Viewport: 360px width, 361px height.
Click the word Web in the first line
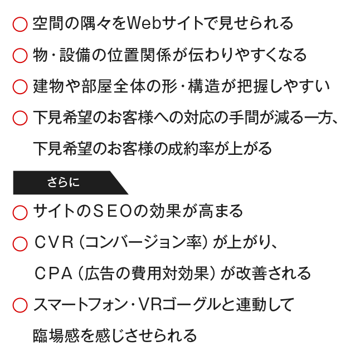click(x=144, y=23)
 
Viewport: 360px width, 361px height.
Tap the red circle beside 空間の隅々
click(x=20, y=17)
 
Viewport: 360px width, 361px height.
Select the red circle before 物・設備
click(x=20, y=49)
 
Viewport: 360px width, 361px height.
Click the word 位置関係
click(x=139, y=55)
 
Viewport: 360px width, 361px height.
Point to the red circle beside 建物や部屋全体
click(x=20, y=80)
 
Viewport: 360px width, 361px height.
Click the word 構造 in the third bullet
click(x=203, y=86)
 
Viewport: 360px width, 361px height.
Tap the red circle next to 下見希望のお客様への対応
click(x=20, y=111)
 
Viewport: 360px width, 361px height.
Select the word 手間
click(x=244, y=118)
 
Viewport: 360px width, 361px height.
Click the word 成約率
click(x=191, y=149)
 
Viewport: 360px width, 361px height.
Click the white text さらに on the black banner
click(x=64, y=183)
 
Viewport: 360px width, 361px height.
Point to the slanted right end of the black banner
click(x=119, y=183)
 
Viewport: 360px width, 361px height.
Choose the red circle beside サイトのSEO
click(x=20, y=206)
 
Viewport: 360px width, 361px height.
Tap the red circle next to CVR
click(x=20, y=237)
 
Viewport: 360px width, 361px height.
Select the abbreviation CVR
click(x=54, y=242)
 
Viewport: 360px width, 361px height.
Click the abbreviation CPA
click(x=53, y=274)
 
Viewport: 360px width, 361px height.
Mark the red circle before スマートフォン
click(x=20, y=299)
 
